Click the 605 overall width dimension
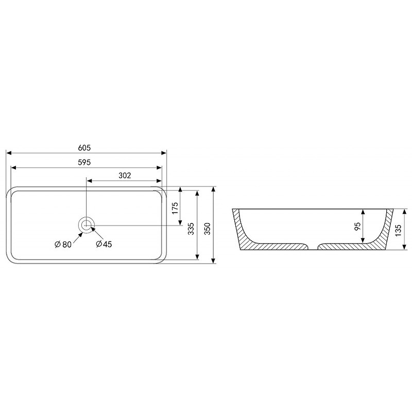[x=84, y=148]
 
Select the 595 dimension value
[x=84, y=162]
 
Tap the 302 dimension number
[x=125, y=175]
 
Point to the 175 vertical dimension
[x=175, y=208]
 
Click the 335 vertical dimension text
[x=191, y=229]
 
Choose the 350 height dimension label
[x=208, y=229]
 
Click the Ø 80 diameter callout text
[x=63, y=244]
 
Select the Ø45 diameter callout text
[x=104, y=244]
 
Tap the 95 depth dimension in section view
[x=357, y=226]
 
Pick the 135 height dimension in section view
[x=398, y=230]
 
